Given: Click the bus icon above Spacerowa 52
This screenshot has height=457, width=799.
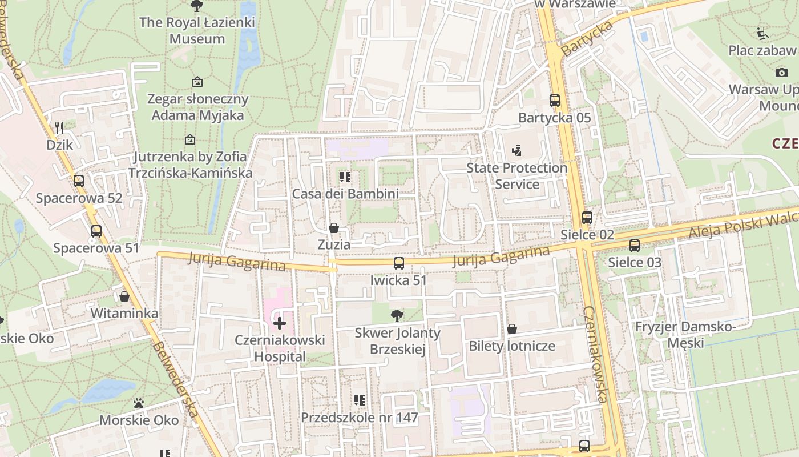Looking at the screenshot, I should click(79, 181).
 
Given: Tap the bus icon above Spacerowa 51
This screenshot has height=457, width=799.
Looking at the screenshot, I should click(96, 231).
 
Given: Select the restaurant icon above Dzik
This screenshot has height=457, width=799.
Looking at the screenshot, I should click(59, 127).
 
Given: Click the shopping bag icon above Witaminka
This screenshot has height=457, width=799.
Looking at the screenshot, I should click(124, 296).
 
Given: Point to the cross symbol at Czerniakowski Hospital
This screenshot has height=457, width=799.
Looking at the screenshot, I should click(280, 324).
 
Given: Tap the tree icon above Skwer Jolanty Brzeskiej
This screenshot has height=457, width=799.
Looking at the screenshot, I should click(397, 315).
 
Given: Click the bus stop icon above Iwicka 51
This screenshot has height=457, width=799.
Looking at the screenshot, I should click(399, 263).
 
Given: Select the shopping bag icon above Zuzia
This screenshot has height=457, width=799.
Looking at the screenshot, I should click(334, 228).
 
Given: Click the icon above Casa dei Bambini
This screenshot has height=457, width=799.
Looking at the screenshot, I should click(345, 177).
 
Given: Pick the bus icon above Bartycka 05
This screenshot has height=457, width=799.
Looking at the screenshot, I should click(555, 101).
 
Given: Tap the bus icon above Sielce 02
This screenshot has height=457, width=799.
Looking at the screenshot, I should click(587, 218).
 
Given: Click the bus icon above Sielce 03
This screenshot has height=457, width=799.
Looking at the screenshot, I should click(635, 246).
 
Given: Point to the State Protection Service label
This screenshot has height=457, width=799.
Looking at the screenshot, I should click(517, 176).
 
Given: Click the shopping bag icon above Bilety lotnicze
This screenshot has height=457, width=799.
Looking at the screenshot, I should click(512, 329).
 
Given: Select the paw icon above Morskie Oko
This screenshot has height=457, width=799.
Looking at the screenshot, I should click(139, 403).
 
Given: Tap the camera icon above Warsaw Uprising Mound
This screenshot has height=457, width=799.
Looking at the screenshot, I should click(781, 73).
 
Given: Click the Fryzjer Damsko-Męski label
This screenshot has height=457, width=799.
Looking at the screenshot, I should click(685, 335).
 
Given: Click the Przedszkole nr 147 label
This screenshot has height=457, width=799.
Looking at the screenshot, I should click(359, 418).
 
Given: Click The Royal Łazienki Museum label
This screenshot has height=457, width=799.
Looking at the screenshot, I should click(197, 31).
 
